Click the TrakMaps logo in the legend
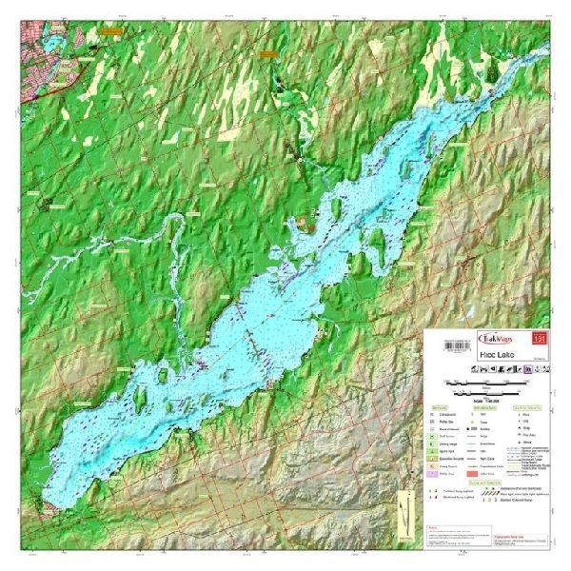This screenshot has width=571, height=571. coord(496,336)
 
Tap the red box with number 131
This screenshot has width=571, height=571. coord(541,336)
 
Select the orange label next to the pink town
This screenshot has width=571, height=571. coord(111,30)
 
